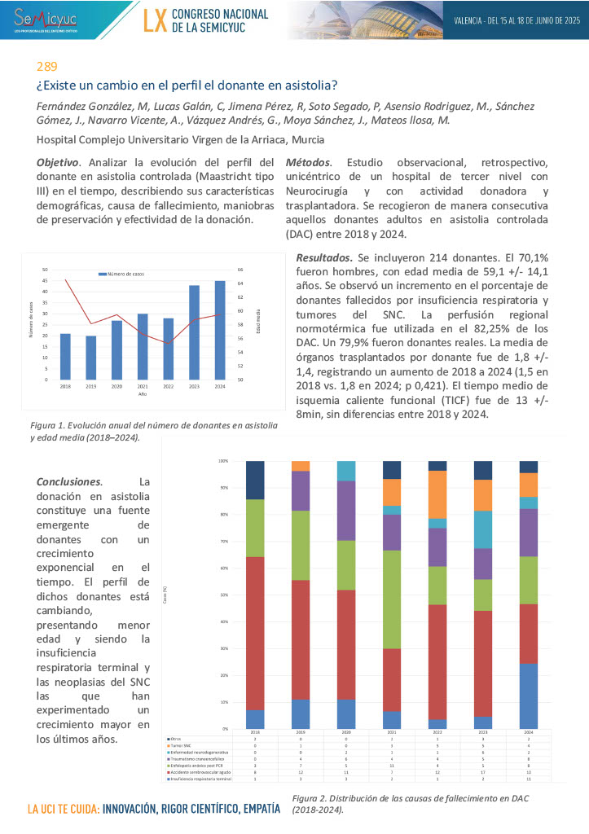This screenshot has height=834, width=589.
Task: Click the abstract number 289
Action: [46, 67]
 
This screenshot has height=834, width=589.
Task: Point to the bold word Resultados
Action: [324, 258]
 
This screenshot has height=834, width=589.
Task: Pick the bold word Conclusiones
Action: [68, 481]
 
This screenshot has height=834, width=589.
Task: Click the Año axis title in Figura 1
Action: [143, 393]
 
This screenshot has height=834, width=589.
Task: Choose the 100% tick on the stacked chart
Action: [223, 461]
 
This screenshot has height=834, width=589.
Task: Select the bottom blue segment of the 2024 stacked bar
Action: [505, 696]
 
